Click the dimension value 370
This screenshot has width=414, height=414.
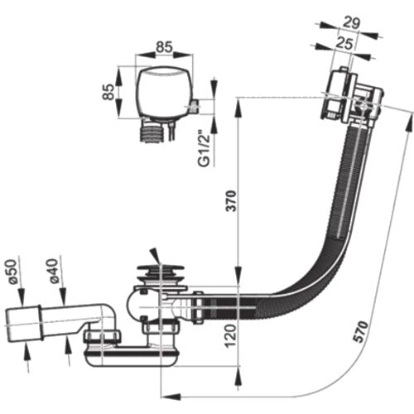(x=231, y=201)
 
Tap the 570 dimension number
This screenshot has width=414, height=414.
(x=361, y=331)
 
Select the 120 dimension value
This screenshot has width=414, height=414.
(x=231, y=336)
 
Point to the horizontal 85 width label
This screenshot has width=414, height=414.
(x=164, y=47)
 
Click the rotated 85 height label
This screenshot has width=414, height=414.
(x=108, y=92)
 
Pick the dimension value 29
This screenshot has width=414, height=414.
(x=351, y=23)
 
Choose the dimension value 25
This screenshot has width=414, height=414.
(x=344, y=44)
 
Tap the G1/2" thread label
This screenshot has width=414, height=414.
(x=205, y=151)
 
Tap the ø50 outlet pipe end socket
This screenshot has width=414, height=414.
(x=24, y=323)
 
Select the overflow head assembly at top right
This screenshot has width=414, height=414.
(x=352, y=97)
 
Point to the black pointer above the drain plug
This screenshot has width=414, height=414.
(x=155, y=256)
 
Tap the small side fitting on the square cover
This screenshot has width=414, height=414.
(x=195, y=107)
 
